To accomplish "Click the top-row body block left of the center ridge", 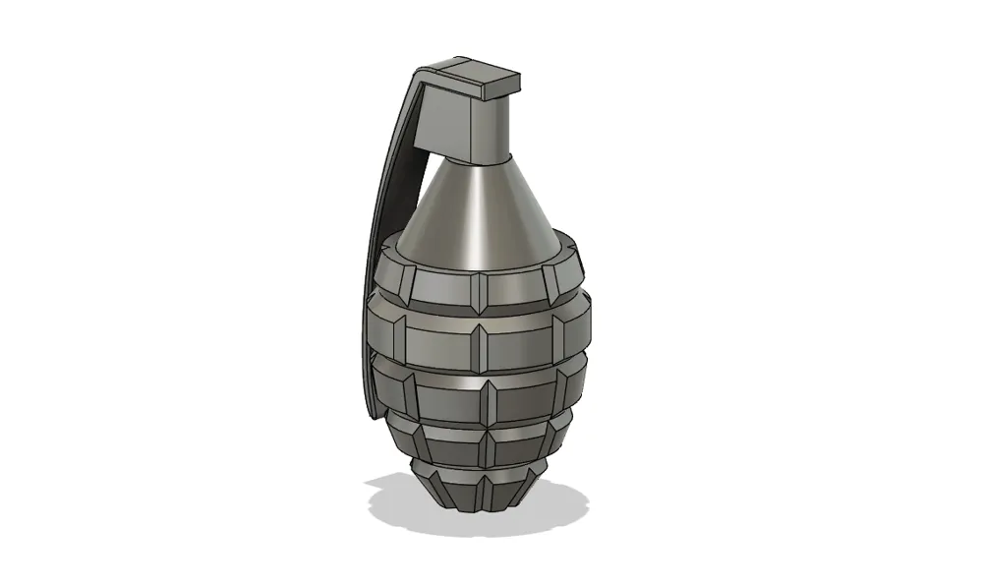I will point(443,286).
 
